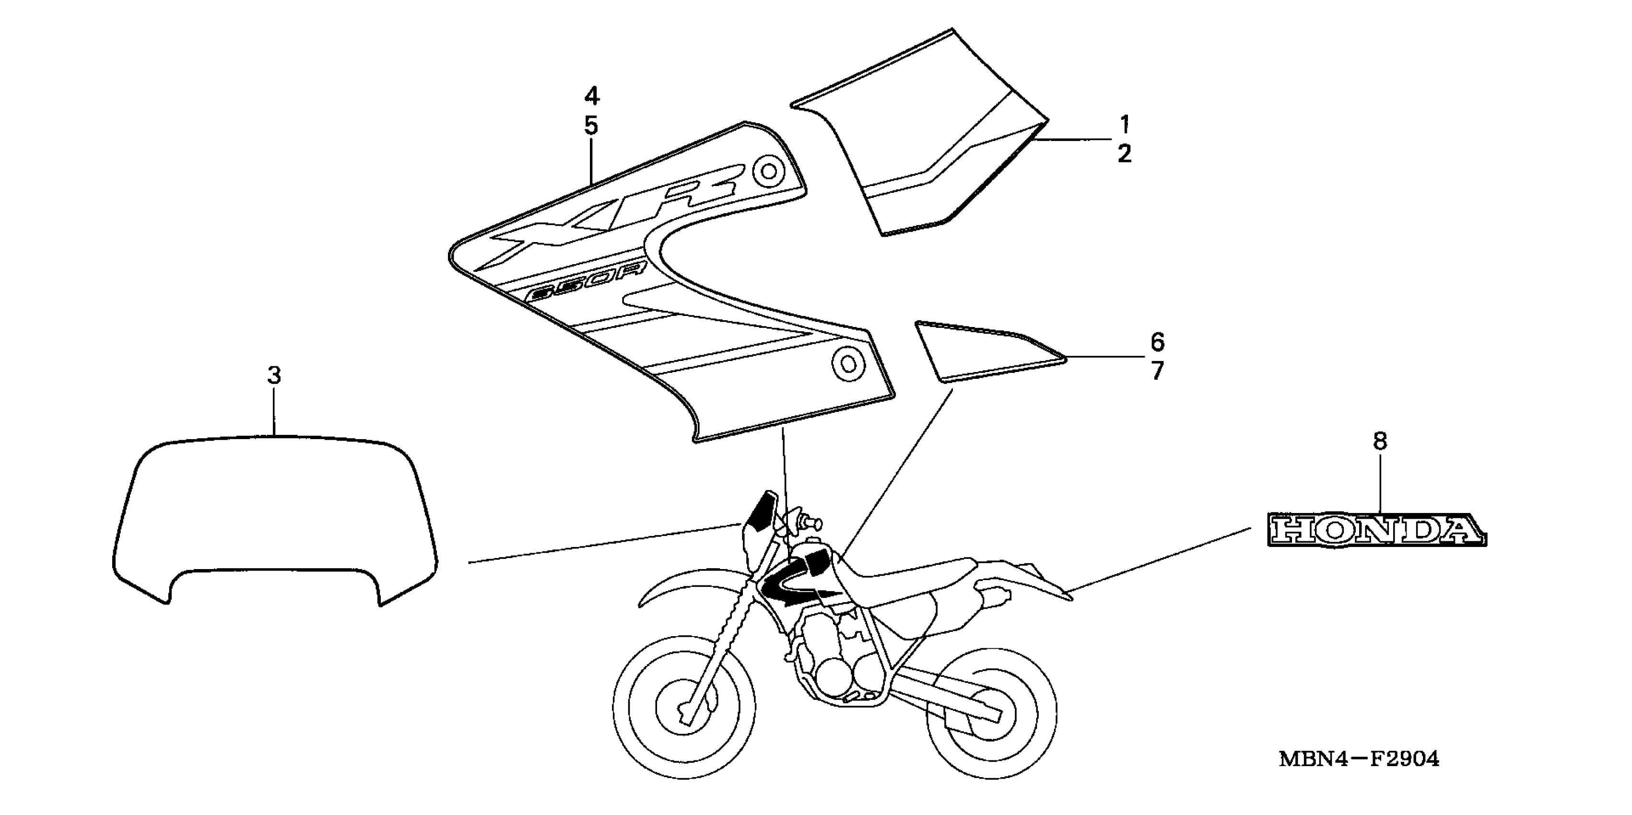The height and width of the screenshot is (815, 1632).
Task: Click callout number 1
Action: [1125, 124]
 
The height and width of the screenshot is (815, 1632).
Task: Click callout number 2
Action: [1125, 154]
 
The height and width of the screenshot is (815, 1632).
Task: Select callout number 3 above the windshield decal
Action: [274, 375]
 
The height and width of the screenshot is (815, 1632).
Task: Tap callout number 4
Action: [591, 96]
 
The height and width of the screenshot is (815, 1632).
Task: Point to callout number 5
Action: [591, 126]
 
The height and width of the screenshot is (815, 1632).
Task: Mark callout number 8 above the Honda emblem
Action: [1380, 442]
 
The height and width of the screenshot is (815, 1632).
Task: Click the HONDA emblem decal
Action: [1376, 529]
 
